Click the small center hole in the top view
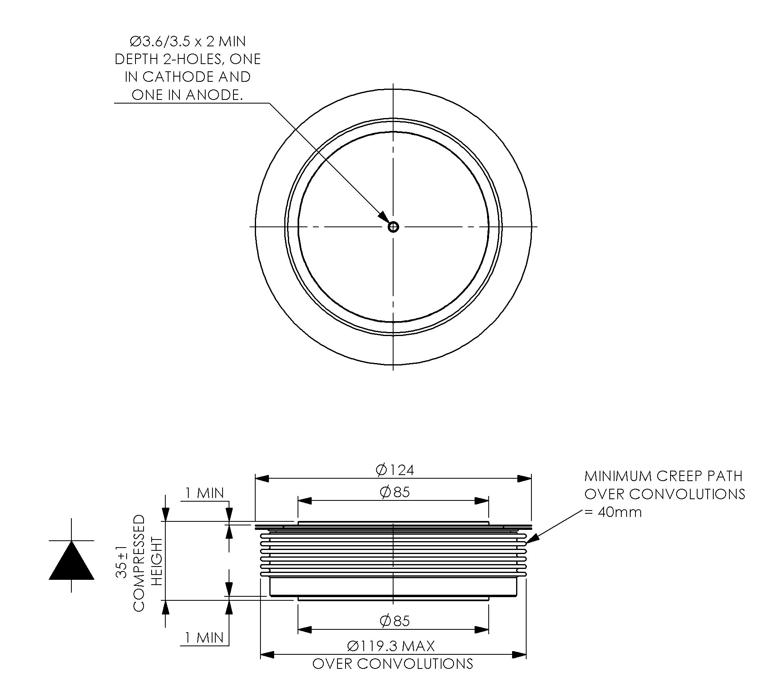pos(393,227)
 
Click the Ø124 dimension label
pos(395,470)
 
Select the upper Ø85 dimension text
pos(395,492)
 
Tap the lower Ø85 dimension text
pos(395,621)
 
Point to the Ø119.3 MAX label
pos(391,646)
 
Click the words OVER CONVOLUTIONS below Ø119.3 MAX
pos(393,664)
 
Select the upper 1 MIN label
pos(204,493)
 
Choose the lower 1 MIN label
pos(204,637)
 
